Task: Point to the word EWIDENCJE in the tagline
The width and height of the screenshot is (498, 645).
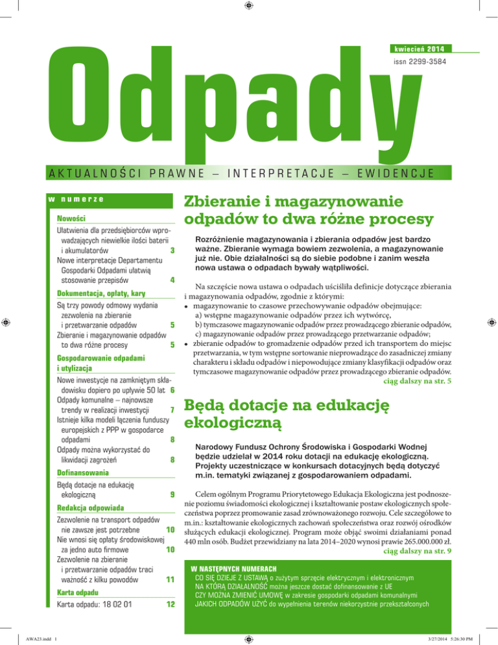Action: [x=378, y=172]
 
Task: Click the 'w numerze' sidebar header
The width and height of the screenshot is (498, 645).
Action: [x=77, y=199]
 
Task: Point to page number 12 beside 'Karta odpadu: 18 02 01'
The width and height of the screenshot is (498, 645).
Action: [x=171, y=605]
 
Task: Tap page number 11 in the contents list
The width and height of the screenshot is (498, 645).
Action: [x=169, y=579]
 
